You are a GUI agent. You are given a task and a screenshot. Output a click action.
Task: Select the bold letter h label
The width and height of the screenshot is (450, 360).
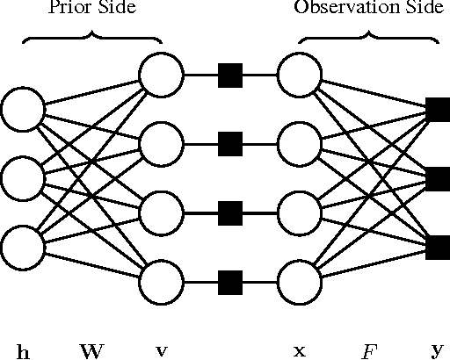24,352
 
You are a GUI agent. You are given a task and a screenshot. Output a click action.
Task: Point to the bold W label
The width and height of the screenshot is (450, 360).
92,352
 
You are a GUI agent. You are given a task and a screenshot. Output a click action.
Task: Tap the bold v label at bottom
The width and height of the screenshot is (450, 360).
162,352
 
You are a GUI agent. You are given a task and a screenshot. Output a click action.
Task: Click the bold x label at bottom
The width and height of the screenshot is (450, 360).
299,352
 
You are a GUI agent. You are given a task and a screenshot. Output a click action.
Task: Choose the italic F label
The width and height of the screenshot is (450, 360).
369,352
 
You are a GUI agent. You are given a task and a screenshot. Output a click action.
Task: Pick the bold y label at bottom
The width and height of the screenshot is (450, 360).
438,352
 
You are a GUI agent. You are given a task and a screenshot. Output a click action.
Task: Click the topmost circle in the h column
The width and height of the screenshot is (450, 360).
23,110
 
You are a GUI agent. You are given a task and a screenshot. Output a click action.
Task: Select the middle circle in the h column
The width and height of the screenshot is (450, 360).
23,179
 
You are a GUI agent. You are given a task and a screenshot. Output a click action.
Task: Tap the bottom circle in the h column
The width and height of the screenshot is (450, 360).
23,248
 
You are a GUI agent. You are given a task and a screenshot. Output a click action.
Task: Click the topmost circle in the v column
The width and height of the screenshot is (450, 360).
162,75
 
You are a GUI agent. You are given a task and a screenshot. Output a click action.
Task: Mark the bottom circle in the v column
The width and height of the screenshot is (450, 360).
162,283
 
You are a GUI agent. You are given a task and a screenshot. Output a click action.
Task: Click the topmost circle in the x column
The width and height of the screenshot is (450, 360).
299,75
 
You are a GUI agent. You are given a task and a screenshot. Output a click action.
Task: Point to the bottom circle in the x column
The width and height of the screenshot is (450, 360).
299,283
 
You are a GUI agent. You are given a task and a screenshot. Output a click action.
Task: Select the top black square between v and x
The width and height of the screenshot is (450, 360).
230,75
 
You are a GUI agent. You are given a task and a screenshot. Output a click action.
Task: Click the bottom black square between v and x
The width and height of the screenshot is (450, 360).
230,283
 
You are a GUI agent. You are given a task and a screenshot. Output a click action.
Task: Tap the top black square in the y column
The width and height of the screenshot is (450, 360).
438,110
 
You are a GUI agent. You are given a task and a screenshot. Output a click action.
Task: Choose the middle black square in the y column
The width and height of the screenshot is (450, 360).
438,179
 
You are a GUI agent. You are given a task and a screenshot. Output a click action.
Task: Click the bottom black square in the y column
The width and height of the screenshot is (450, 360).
438,248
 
